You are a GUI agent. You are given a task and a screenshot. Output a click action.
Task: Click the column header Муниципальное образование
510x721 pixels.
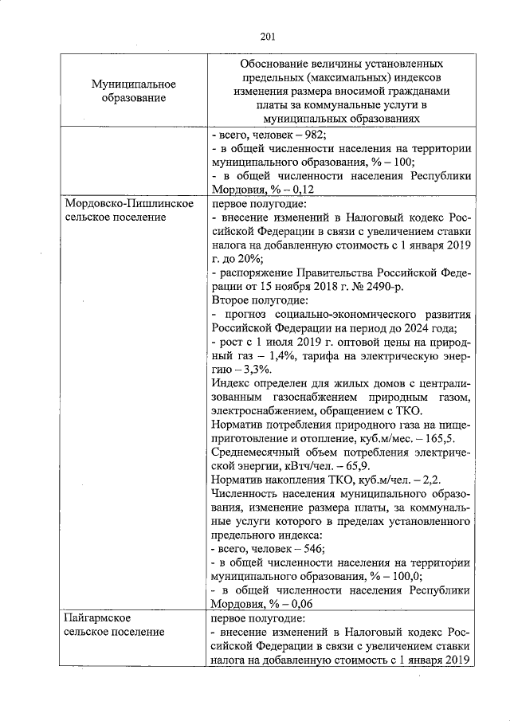coord(133,91)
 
